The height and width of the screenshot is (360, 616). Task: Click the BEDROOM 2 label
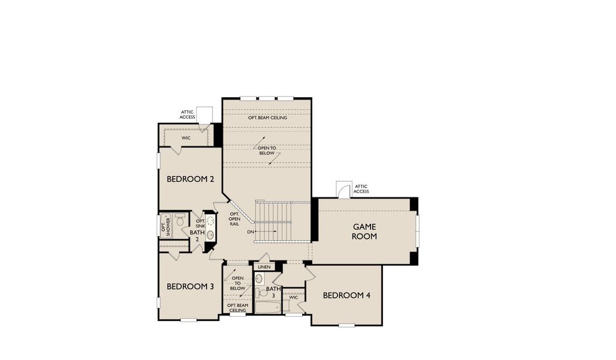coord(190,179)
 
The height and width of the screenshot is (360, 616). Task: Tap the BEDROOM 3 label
coord(190,286)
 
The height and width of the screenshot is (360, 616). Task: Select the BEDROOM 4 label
coord(346,295)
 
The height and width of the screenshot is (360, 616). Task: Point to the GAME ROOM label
coord(364,231)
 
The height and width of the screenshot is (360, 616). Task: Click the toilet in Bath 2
coord(180,221)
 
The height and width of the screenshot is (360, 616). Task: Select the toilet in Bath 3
coord(262,293)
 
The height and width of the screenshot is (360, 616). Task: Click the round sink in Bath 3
coord(259,279)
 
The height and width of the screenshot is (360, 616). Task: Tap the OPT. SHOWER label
coord(166,226)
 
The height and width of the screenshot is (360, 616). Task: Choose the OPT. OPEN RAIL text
coord(234,219)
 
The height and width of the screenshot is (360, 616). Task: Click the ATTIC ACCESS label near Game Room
coord(361,189)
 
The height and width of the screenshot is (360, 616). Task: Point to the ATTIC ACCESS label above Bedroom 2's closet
coord(187,114)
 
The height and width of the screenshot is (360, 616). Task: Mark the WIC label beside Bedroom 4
coord(293,297)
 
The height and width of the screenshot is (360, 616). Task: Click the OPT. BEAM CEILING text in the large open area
coord(267,118)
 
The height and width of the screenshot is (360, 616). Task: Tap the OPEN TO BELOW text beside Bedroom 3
coord(238,283)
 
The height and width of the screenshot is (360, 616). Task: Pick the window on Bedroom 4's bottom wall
coord(346,326)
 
